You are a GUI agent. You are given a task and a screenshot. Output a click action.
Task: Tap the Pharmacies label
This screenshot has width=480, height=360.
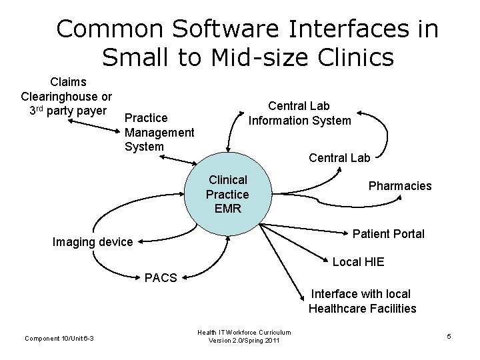[400, 186]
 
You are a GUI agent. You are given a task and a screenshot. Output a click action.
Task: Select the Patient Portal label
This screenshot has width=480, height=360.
[388, 234]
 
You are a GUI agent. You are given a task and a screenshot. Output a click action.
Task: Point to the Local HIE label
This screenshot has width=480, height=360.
[358, 262]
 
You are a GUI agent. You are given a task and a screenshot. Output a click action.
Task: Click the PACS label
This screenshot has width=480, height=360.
[161, 277]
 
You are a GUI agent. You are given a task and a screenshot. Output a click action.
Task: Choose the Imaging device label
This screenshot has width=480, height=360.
[93, 242]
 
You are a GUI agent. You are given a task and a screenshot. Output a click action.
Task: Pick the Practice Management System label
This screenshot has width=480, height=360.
[159, 131]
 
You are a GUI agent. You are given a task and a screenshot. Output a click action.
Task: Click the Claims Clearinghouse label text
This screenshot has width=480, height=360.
[67, 95]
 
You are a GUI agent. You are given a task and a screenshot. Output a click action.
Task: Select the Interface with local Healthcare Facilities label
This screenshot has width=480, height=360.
[362, 301]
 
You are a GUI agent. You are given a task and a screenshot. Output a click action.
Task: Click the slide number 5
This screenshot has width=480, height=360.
[449, 336]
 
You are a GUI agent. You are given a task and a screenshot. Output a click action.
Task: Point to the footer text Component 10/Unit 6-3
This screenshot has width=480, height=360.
[59, 338]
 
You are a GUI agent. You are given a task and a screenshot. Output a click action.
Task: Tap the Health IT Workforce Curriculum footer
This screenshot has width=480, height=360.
[244, 332]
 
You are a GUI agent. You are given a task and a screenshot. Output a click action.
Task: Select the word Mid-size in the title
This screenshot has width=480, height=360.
[245, 58]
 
